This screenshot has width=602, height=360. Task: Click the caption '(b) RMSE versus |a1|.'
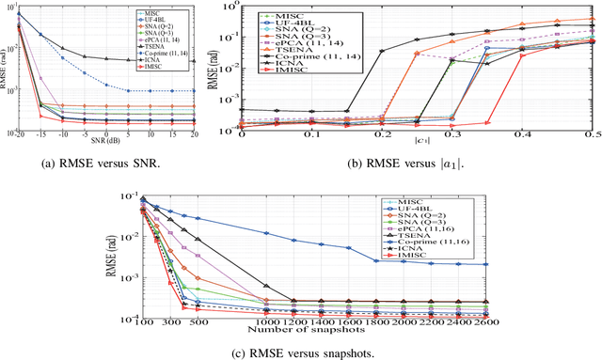[x=416, y=162]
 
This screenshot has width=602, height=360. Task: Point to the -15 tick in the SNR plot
[x=41, y=134]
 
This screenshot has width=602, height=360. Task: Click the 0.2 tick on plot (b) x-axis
[x=378, y=134]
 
